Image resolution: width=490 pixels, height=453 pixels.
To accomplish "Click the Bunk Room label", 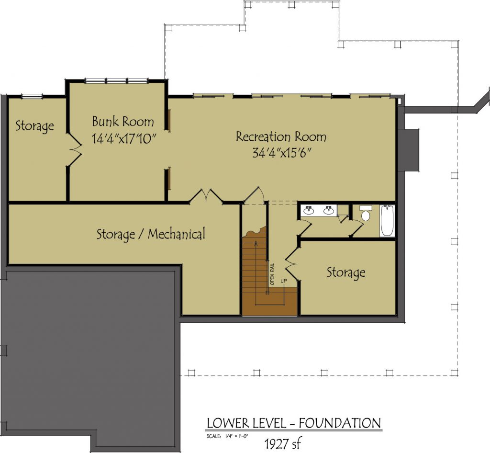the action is [123, 121].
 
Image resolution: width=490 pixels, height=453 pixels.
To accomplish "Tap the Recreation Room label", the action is [281, 136].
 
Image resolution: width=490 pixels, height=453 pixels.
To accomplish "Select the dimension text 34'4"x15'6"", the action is [282, 153].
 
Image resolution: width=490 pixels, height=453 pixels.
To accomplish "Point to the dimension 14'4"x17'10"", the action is [124, 138].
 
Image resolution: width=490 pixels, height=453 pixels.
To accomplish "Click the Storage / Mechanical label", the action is [151, 234].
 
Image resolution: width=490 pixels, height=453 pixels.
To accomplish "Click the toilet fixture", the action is [365, 213].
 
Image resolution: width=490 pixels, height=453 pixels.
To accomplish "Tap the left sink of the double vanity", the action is [310, 210].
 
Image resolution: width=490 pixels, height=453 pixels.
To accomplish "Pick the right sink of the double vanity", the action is [328, 210].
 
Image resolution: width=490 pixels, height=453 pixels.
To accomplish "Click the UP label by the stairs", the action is [284, 281].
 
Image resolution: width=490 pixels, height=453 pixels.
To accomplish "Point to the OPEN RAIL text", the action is [272, 274].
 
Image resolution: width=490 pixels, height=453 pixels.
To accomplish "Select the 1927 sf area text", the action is [283, 443].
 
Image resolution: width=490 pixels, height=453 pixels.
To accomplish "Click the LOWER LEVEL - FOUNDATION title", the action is [294, 423].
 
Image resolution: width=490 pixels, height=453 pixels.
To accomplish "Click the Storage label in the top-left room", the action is [34, 126].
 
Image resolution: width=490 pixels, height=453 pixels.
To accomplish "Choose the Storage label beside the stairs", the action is [346, 272].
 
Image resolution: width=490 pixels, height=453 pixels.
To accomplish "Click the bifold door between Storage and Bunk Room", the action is [74, 149].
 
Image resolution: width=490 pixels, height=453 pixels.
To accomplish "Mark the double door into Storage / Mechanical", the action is [206, 196].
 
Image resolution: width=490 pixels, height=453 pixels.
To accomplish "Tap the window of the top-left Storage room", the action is [32, 96].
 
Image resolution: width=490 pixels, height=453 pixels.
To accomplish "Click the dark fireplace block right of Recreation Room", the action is [409, 150].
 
